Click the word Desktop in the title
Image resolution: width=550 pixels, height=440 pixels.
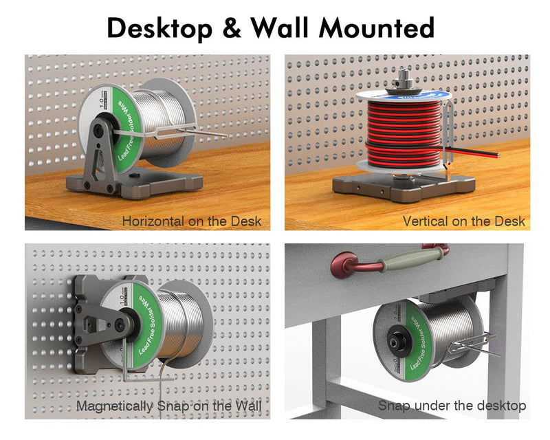pos(159,29)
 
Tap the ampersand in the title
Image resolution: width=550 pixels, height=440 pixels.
pos(232,28)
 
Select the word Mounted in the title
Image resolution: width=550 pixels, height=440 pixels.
pos(377,27)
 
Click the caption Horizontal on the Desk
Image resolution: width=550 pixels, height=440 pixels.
pos(192,221)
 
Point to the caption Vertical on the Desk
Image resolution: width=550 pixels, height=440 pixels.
pos(463,221)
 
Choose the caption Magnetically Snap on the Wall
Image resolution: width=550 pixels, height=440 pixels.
pos(169,406)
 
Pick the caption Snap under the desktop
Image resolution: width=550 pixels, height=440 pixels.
pos(452,406)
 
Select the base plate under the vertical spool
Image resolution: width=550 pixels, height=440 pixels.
pos(404,188)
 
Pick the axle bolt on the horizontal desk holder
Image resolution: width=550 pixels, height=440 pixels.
pos(98,131)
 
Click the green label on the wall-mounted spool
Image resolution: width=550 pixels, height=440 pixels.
pos(147,324)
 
